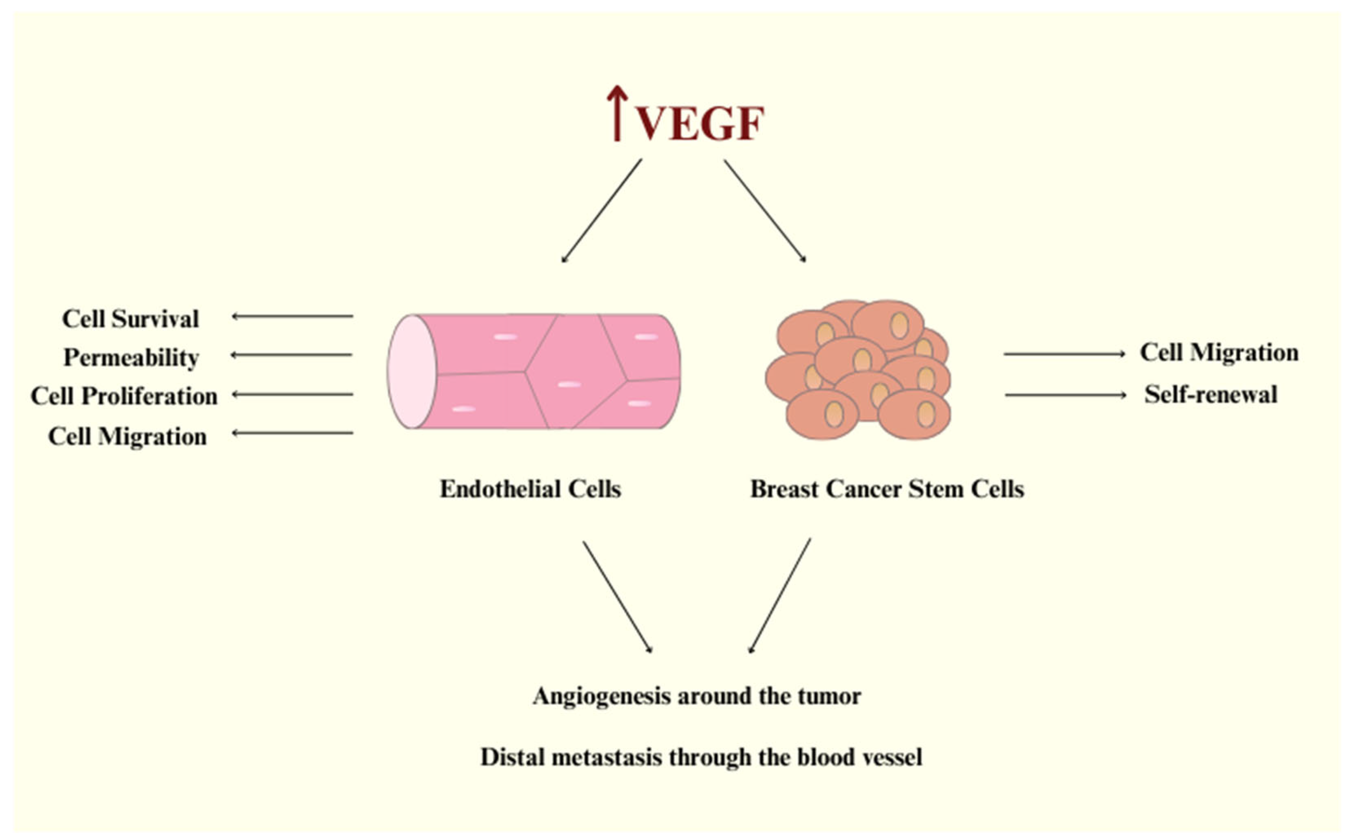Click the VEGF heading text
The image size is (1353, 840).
699,123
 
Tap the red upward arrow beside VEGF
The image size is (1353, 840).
617,114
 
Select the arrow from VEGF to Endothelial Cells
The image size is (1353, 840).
602,211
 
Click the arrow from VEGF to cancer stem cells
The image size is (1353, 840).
764,211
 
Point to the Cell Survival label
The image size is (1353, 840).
130,319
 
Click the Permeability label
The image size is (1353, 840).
131,357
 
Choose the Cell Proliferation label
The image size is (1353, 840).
124,396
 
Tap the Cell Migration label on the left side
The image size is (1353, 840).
127,436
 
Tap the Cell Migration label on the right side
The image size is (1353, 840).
1219,352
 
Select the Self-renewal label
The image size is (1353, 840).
1211,395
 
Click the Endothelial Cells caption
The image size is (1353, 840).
530,489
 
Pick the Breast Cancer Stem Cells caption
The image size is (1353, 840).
887,489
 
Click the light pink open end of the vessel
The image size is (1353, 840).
412,372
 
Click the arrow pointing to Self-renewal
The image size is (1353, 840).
1065,395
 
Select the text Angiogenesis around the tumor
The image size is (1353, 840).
697,696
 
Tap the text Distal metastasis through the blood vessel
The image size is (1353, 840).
701,757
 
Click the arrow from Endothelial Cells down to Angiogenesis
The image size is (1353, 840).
617,596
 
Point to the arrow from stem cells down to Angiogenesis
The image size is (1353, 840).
780,596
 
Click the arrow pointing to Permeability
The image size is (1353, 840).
291,354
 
